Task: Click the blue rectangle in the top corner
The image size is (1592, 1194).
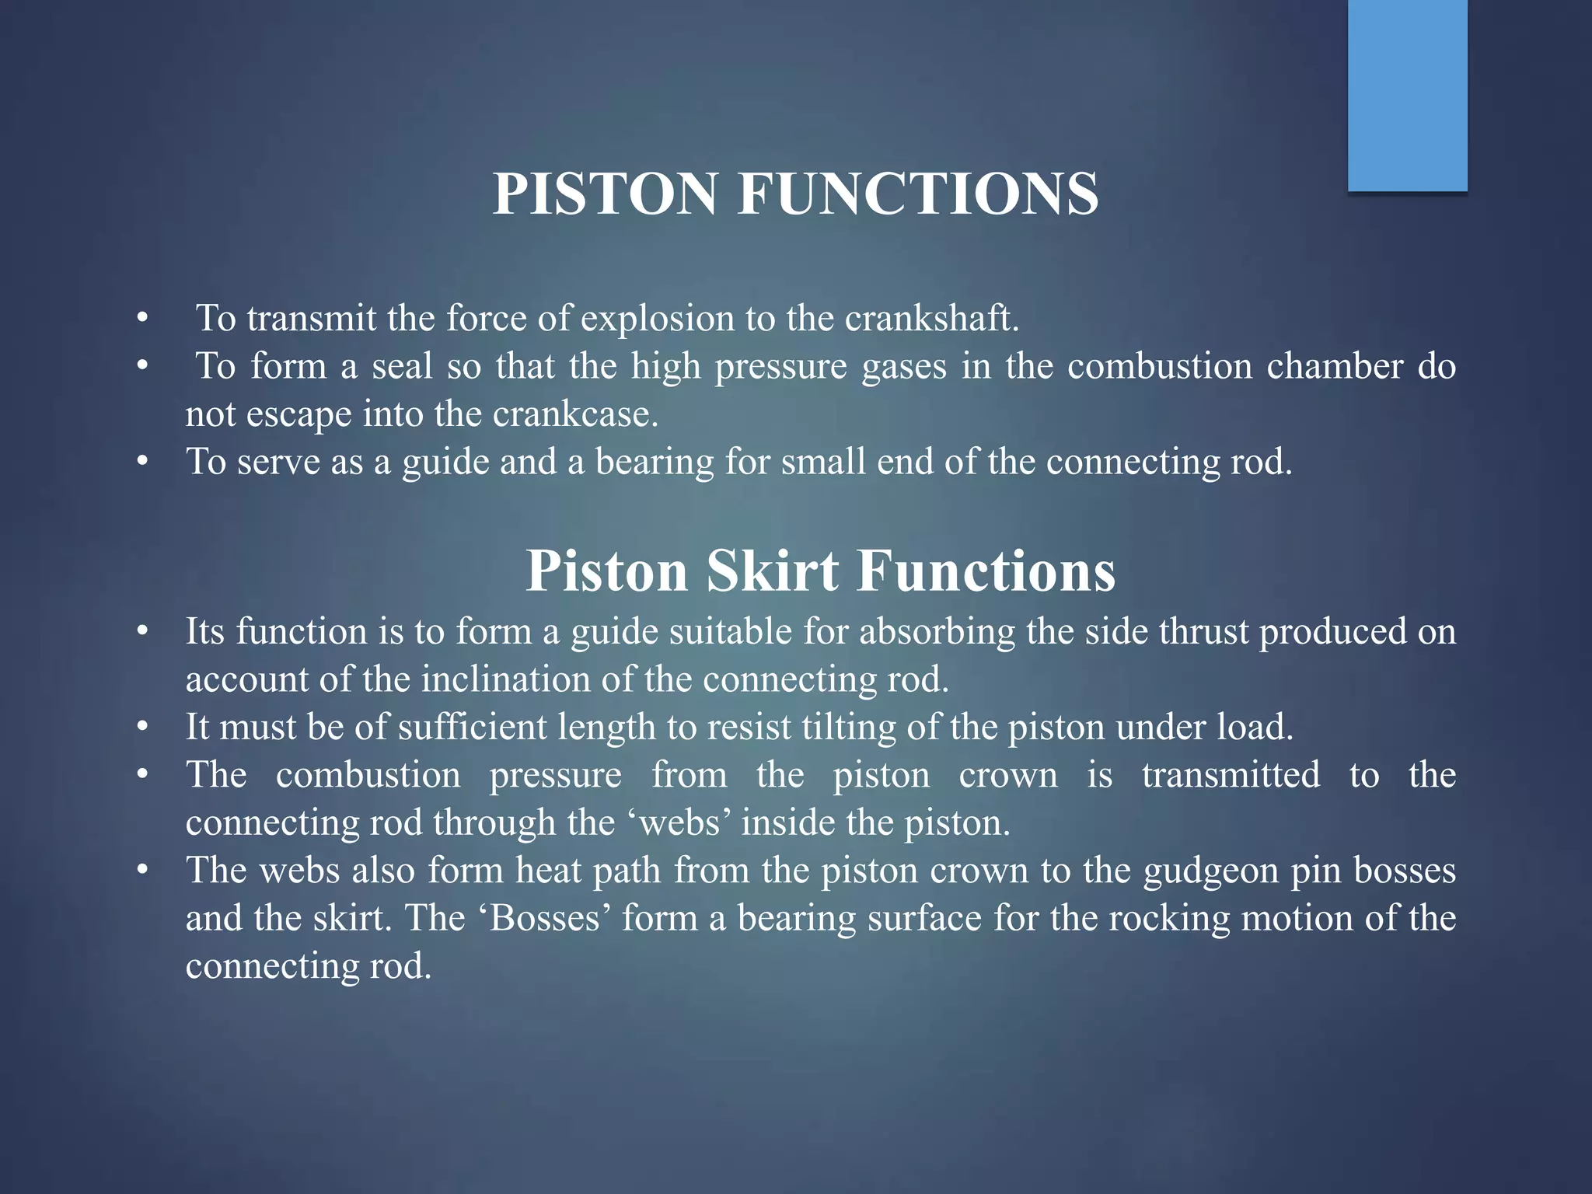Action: (x=1407, y=95)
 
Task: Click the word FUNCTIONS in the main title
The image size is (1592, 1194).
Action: (x=918, y=194)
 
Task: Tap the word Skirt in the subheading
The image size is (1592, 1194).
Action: (x=772, y=571)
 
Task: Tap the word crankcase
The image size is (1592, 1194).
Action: (x=575, y=414)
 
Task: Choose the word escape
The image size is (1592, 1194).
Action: (x=298, y=414)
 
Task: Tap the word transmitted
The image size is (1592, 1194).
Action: (x=1230, y=775)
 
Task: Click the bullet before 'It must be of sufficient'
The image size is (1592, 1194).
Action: (x=141, y=728)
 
